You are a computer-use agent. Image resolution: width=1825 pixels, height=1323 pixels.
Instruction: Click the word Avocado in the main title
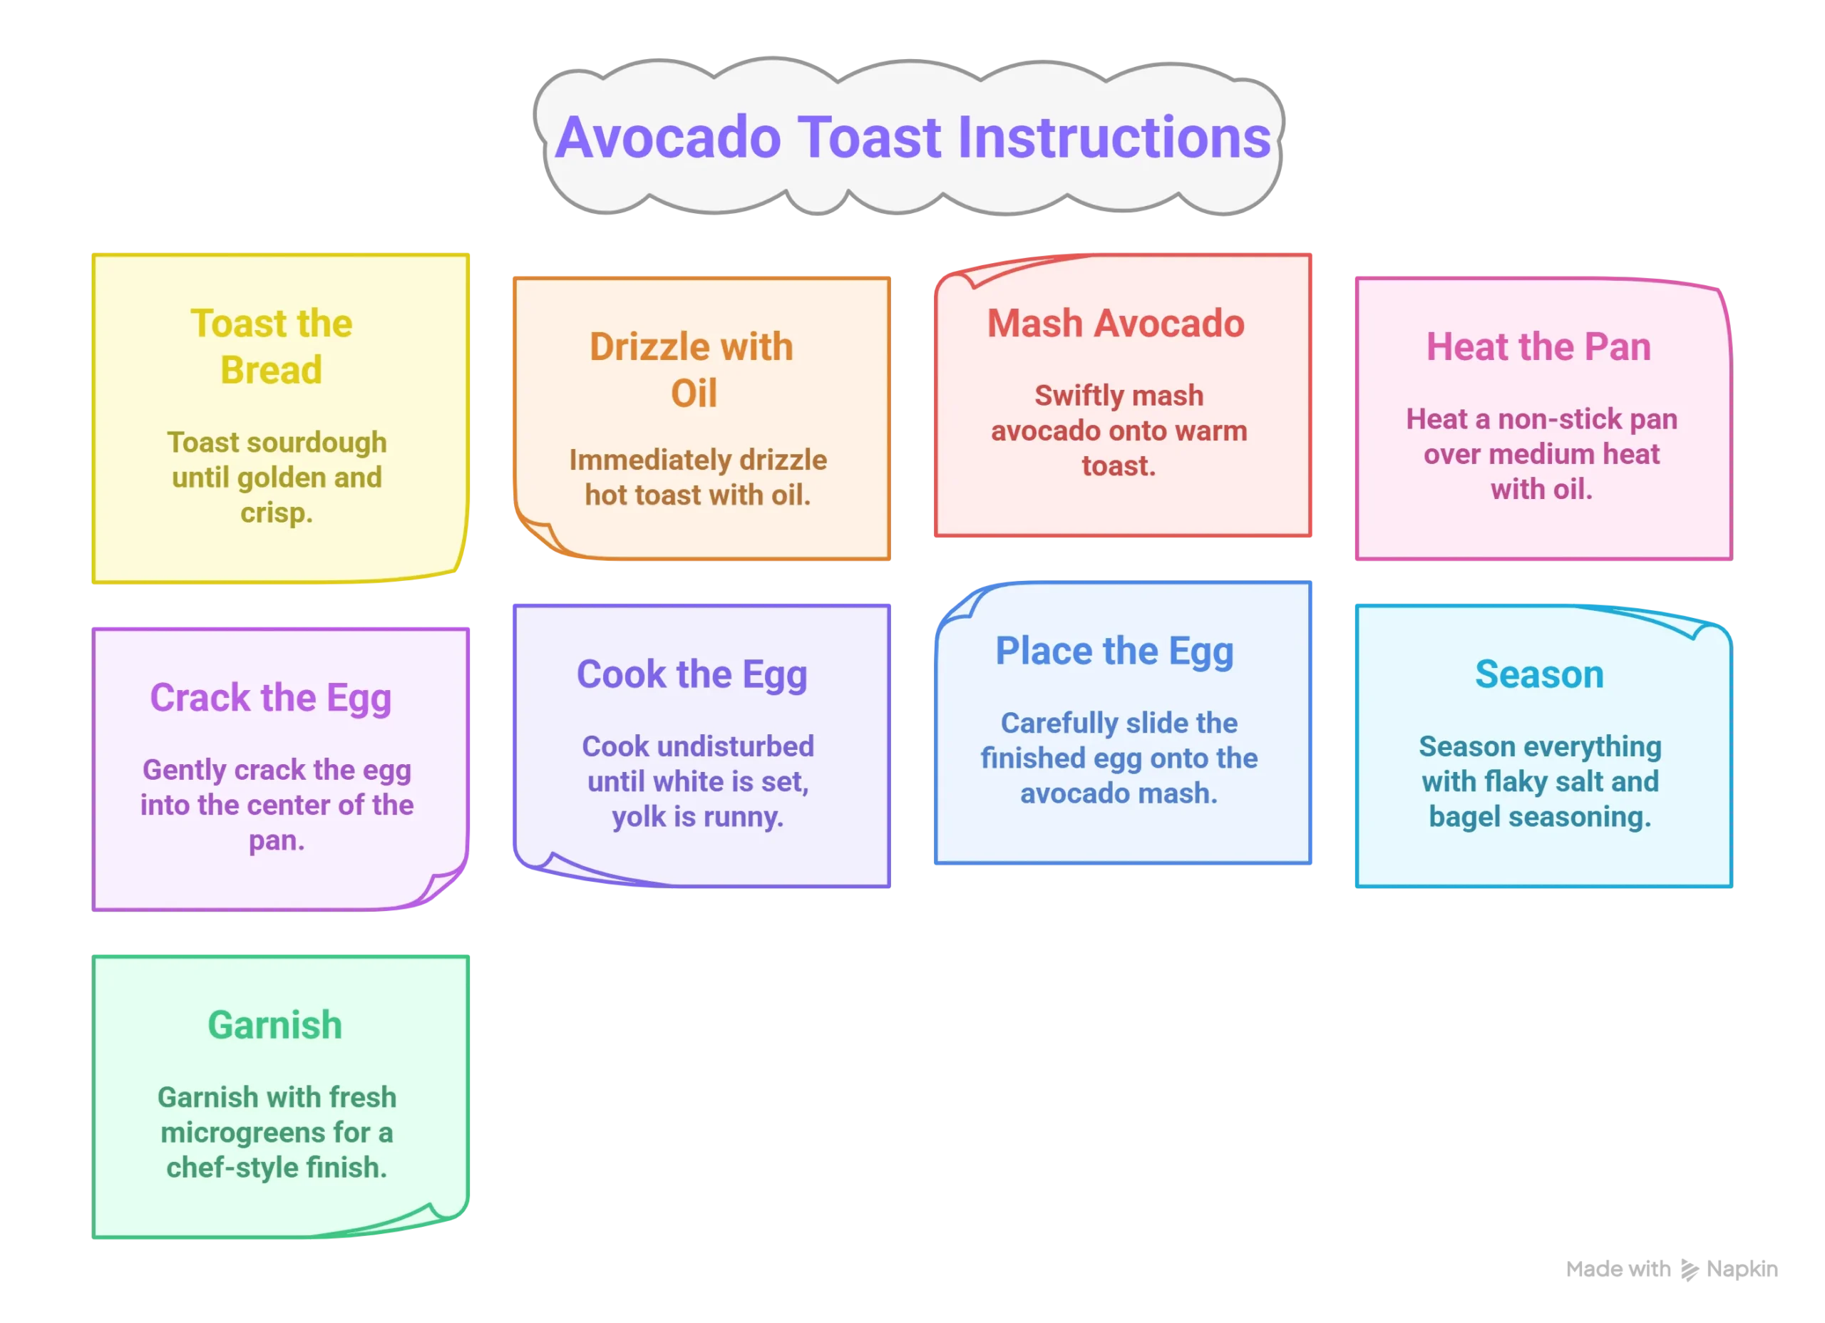click(668, 138)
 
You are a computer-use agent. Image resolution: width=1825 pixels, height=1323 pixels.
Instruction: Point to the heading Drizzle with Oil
click(692, 370)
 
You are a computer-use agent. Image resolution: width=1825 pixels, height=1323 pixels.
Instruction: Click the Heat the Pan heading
click(1538, 347)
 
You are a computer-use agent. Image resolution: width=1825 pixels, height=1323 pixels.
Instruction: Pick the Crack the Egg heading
click(270, 698)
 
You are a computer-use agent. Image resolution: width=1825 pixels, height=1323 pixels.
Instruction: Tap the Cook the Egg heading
click(692, 674)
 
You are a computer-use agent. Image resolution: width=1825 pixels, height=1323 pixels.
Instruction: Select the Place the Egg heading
click(1114, 651)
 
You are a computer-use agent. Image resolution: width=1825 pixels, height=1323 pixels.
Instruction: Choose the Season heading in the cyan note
click(1538, 674)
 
